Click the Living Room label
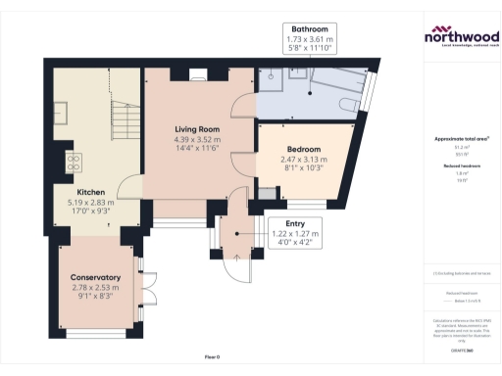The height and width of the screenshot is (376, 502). [x=197, y=128]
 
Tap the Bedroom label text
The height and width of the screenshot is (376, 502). [x=290, y=149]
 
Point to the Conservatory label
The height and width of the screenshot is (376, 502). [x=94, y=277]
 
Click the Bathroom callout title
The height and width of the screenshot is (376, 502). [x=310, y=28]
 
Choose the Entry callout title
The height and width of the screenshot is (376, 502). [x=294, y=223]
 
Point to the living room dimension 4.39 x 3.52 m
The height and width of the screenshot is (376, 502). [x=197, y=139]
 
